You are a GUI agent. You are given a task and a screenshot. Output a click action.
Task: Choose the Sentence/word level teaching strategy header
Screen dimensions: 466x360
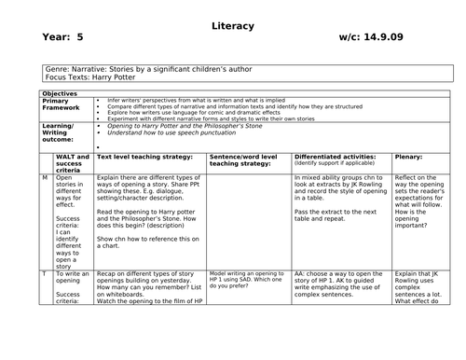coord(246,160)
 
